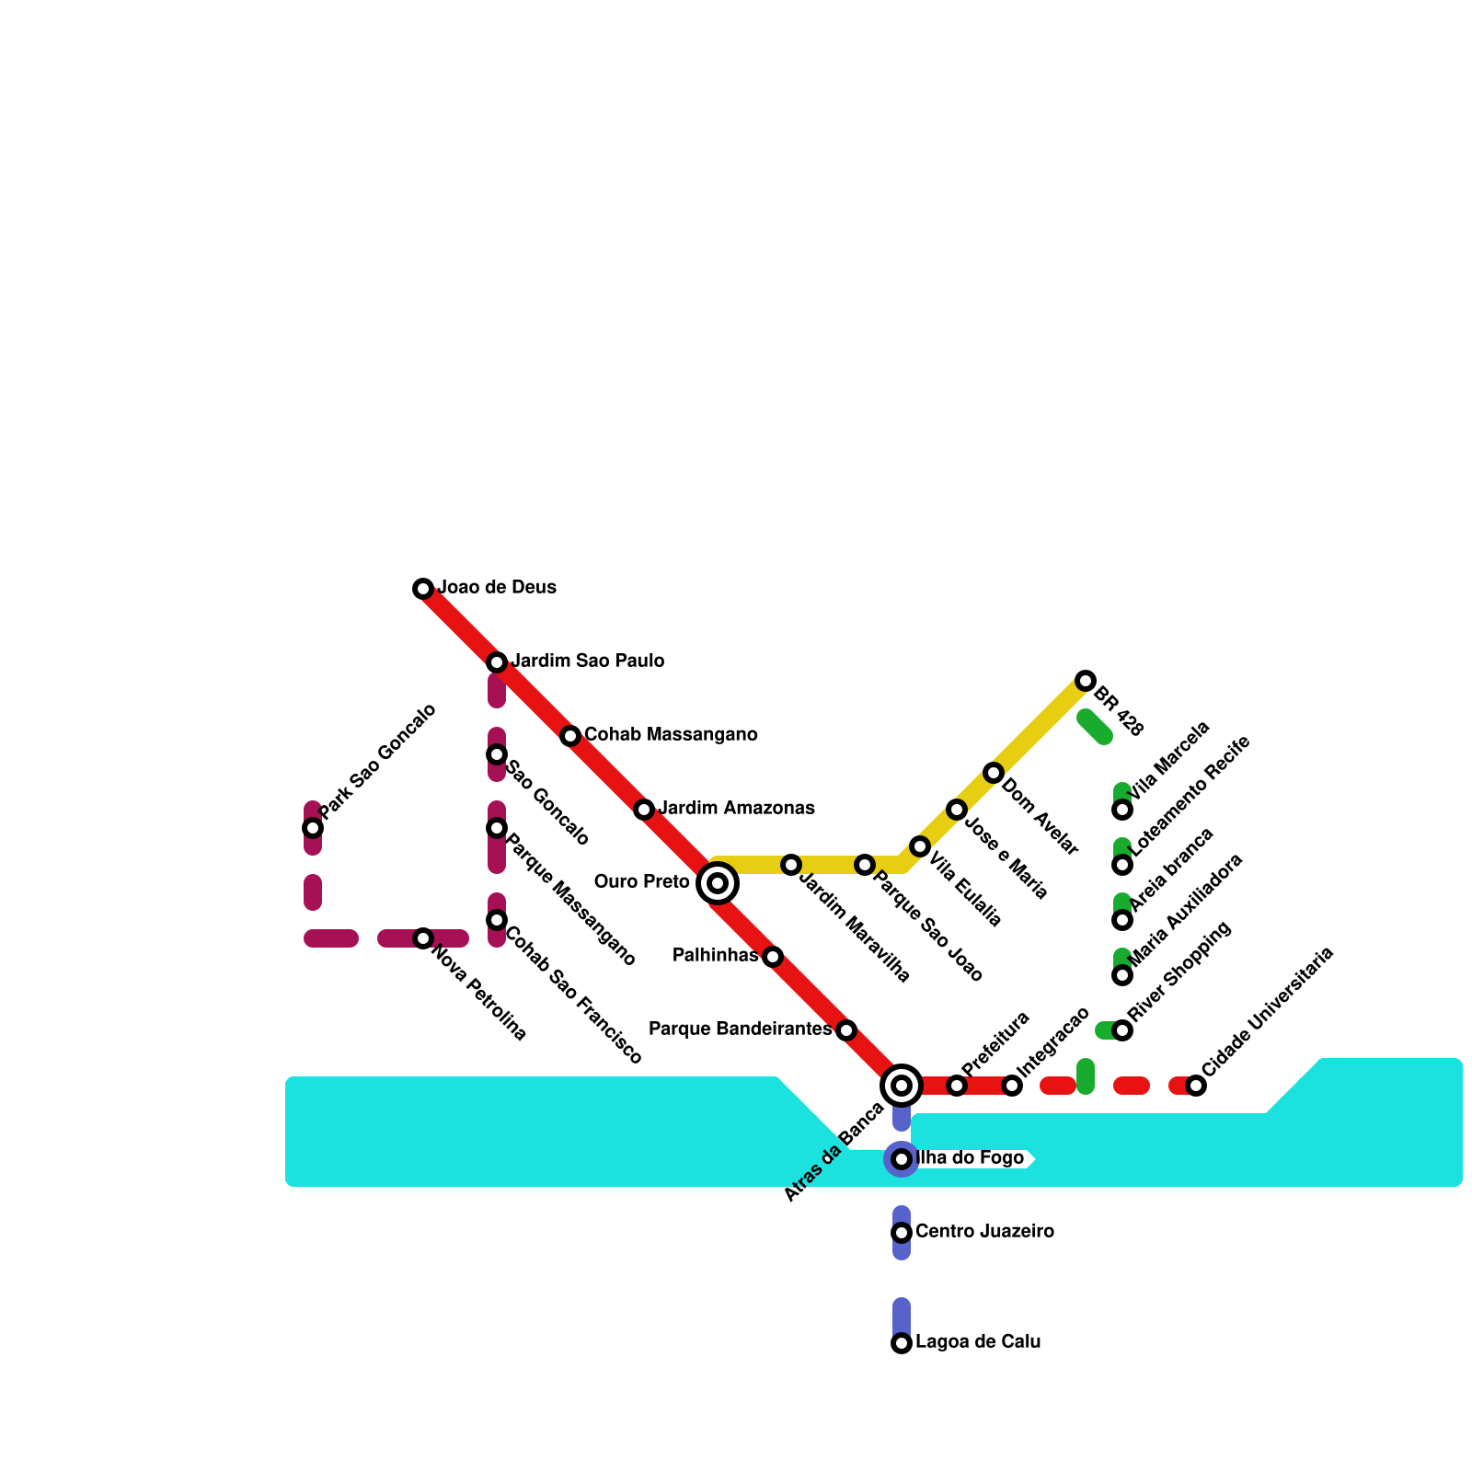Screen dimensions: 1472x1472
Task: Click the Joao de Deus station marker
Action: [x=423, y=589]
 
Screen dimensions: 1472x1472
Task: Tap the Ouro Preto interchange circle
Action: [x=718, y=883]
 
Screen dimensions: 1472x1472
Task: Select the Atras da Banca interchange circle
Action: [x=902, y=1086]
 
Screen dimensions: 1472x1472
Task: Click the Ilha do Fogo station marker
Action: [x=902, y=1159]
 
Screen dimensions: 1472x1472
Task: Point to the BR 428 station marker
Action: [x=1086, y=681]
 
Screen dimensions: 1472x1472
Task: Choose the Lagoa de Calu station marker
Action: [x=902, y=1343]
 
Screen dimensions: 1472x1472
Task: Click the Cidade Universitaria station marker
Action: [x=1196, y=1086]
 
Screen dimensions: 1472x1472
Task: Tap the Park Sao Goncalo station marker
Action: [x=313, y=828]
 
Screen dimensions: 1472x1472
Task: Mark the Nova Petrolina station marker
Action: [x=423, y=938]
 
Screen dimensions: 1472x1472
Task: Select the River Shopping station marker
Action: [x=1122, y=1030]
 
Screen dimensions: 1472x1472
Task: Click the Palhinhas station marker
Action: [x=773, y=957]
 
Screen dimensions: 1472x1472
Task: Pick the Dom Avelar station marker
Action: [x=994, y=773]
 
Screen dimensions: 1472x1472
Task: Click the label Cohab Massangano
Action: [x=671, y=735]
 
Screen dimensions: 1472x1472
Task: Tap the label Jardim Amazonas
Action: [x=736, y=809]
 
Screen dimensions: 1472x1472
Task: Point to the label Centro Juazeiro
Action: [x=984, y=1232]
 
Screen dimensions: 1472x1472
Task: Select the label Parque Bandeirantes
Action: [x=740, y=1029]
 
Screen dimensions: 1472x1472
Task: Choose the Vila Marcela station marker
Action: [x=1122, y=810]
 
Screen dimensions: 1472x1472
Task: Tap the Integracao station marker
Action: [x=1012, y=1086]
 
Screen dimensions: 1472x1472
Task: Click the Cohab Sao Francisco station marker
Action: [x=497, y=920]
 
